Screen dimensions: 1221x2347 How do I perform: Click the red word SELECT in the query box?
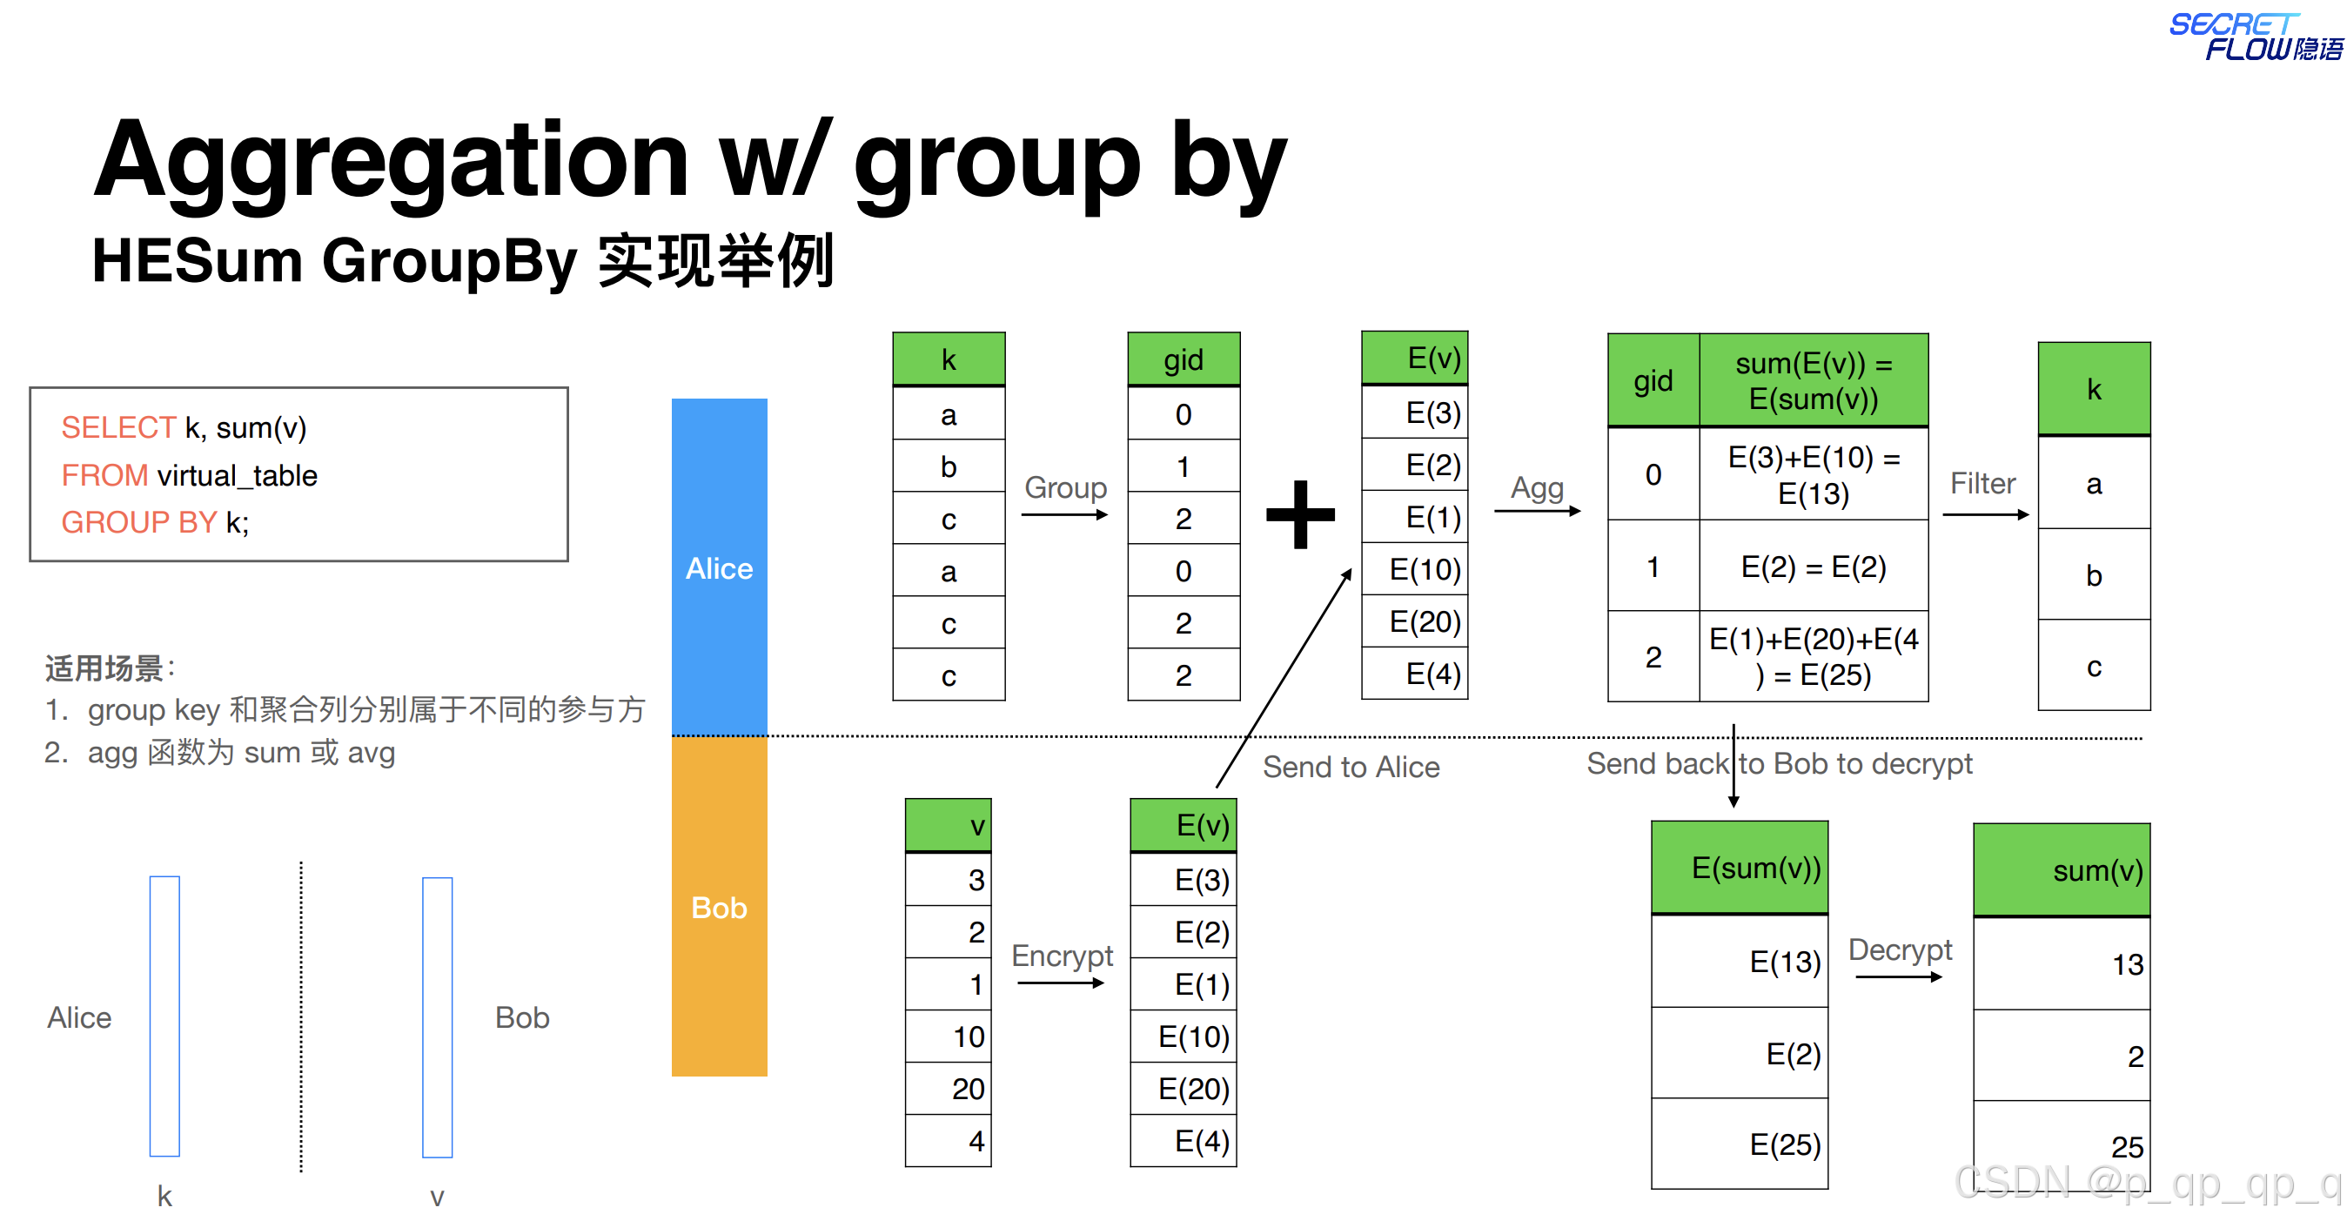click(117, 427)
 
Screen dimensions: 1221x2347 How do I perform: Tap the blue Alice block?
click(719, 567)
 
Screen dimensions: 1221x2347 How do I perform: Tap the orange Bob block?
click(719, 907)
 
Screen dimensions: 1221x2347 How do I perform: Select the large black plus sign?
click(1300, 515)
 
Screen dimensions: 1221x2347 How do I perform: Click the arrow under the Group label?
click(1064, 515)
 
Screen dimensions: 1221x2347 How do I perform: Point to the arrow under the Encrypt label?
click(1061, 983)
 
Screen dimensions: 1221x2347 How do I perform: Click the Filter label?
click(1982, 483)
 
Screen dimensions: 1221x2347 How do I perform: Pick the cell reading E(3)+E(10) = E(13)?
click(1813, 474)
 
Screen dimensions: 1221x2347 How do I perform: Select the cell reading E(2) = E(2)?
click(1813, 567)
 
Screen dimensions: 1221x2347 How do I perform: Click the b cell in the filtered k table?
click(2094, 575)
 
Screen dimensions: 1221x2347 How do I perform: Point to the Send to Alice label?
click(1351, 768)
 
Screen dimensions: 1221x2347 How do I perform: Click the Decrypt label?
click(1900, 949)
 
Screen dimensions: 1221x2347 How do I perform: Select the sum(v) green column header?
click(2062, 871)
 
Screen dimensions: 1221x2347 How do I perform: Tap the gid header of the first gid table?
click(1183, 360)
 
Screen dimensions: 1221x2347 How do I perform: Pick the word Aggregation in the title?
click(392, 161)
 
